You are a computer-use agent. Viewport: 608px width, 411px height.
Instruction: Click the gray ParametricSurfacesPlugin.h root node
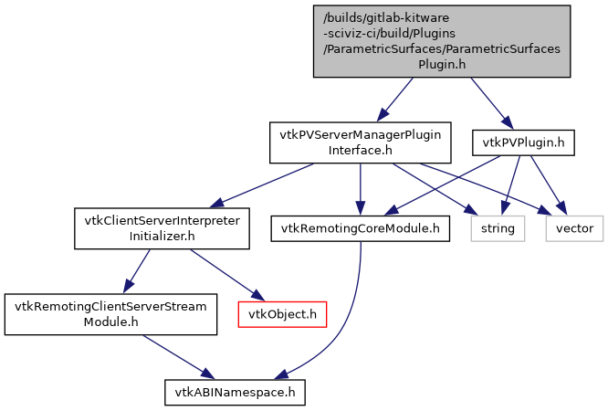[x=442, y=40]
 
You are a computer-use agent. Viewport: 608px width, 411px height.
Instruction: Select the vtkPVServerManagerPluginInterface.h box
[x=361, y=142]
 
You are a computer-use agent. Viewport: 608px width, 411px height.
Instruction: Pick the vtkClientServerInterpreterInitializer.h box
[x=162, y=228]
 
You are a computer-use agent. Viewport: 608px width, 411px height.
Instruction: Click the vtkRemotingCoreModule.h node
[x=361, y=227]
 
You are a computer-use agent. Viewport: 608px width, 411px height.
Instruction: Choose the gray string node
[x=498, y=227]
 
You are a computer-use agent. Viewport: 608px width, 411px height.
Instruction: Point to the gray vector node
[x=574, y=227]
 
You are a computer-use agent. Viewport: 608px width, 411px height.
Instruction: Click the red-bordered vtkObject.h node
[x=282, y=314]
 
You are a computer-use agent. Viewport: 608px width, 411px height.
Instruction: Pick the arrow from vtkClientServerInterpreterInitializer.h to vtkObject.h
[x=225, y=273]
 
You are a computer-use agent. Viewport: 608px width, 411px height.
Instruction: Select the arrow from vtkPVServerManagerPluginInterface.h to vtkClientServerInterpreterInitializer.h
[x=265, y=185]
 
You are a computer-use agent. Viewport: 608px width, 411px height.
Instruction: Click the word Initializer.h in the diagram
[x=162, y=236]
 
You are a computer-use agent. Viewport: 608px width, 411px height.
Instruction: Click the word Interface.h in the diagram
[x=361, y=149]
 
